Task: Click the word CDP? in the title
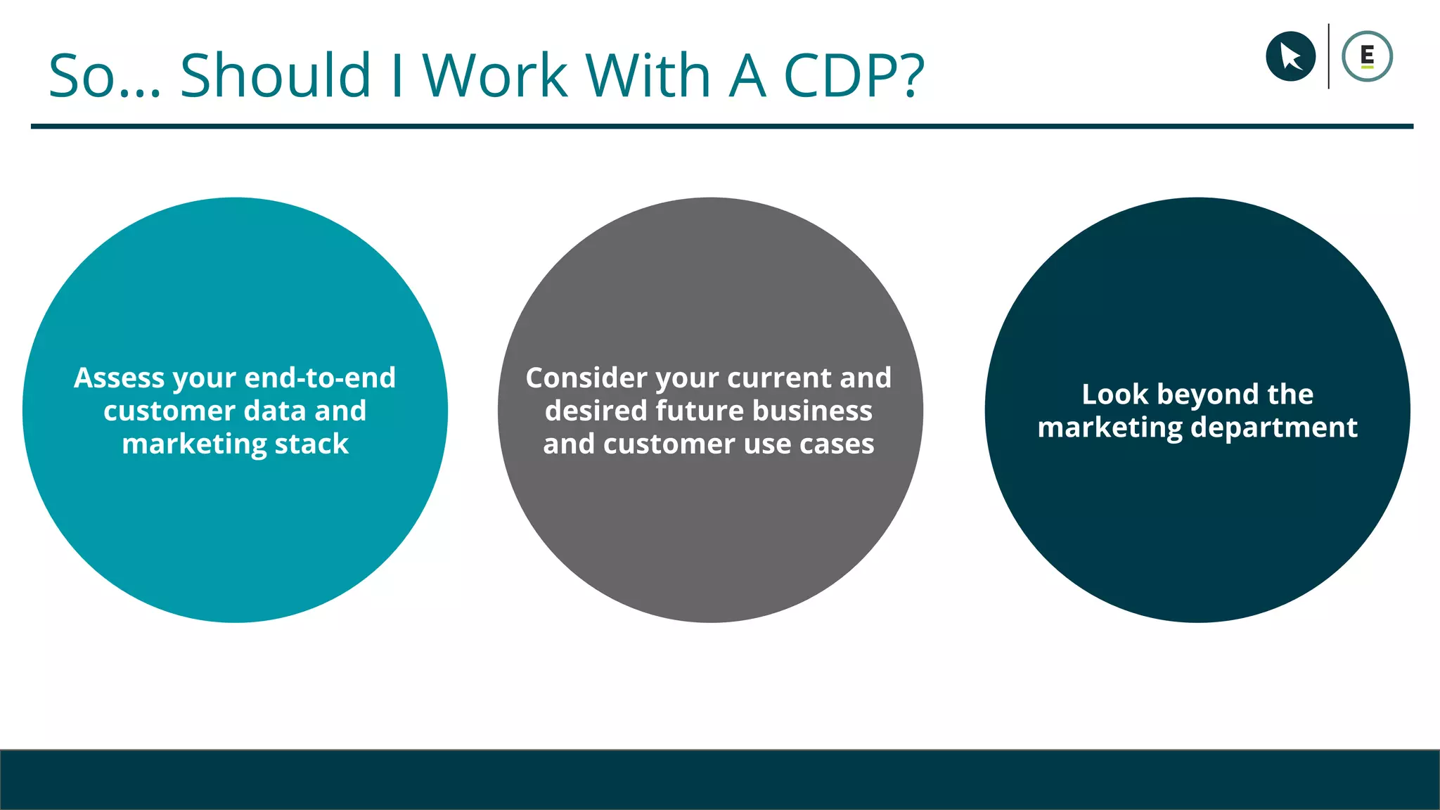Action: (x=854, y=75)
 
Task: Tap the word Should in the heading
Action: (x=275, y=75)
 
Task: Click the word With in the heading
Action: (x=648, y=75)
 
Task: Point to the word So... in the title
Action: (x=105, y=77)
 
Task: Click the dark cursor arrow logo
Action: (x=1290, y=56)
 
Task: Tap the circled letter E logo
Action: (x=1367, y=56)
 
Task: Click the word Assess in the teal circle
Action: (x=120, y=378)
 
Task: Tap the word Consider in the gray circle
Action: (x=586, y=378)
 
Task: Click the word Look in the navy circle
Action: (x=1114, y=394)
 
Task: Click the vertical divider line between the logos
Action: (x=1328, y=56)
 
